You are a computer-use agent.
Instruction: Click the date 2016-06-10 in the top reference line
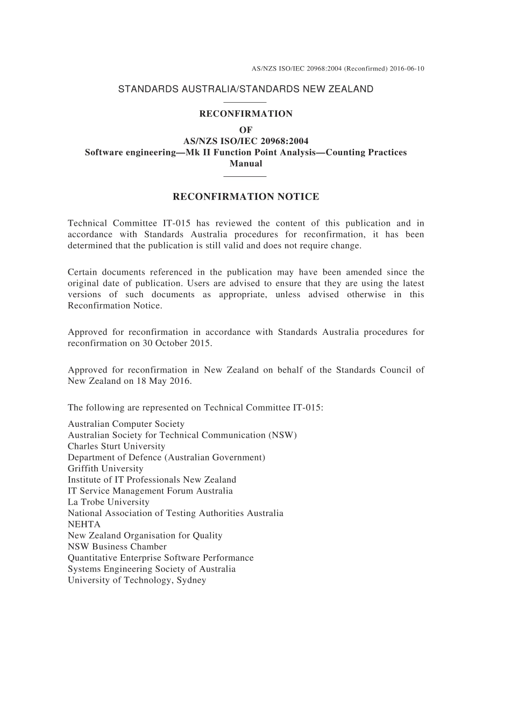(x=407, y=69)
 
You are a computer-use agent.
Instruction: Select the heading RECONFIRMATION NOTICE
(x=246, y=197)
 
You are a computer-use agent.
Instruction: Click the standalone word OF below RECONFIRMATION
(x=246, y=130)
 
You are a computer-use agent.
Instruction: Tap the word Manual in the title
(x=246, y=163)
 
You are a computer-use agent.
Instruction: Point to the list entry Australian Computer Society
(x=126, y=424)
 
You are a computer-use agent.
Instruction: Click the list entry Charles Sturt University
(x=116, y=446)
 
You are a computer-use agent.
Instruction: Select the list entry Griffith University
(x=105, y=469)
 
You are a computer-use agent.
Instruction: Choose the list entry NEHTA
(x=84, y=525)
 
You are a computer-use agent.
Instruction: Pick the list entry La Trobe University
(x=109, y=502)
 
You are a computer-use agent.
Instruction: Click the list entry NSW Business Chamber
(x=117, y=547)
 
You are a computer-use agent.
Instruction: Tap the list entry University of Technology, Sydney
(x=137, y=581)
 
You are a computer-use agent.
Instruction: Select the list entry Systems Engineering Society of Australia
(x=152, y=569)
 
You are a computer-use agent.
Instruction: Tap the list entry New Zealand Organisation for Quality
(x=145, y=535)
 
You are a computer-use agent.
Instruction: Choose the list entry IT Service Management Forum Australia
(x=150, y=491)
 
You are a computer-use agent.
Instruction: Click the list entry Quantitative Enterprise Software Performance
(x=160, y=558)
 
